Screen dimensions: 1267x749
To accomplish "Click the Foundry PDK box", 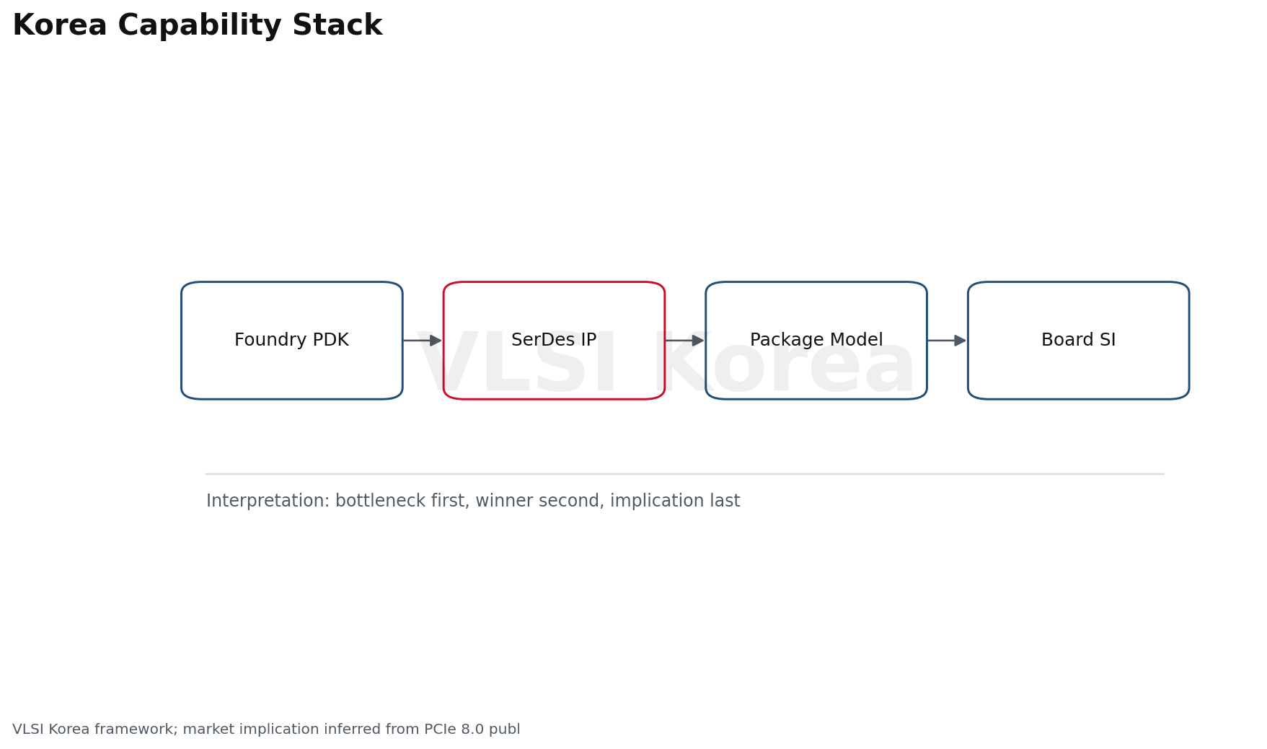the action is point(291,341).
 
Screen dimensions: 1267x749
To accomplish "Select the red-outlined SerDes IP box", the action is point(554,341).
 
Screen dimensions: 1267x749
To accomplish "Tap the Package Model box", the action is point(816,341).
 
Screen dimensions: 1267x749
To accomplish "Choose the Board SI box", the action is point(1078,341).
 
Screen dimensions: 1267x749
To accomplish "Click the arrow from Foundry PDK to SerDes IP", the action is point(422,341).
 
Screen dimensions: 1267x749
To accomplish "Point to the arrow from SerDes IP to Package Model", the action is point(684,341).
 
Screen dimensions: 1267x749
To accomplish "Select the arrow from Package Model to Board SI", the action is point(947,341).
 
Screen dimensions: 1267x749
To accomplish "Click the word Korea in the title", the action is point(60,26).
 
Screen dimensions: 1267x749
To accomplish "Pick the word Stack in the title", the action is point(337,26).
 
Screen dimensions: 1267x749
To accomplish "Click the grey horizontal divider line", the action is point(685,474).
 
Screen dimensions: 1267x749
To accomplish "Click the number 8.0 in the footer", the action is point(472,730).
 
